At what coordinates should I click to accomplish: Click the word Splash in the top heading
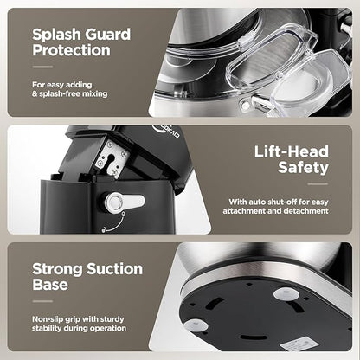click(x=55, y=35)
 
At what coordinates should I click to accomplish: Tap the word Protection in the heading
click(x=71, y=50)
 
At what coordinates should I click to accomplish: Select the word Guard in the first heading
click(x=107, y=35)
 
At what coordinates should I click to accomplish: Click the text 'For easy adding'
click(x=62, y=85)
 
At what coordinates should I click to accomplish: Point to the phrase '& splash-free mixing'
click(x=70, y=93)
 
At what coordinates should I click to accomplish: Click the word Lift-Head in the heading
click(x=292, y=151)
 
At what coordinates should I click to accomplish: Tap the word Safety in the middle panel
click(x=304, y=168)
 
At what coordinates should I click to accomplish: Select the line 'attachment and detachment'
click(x=275, y=211)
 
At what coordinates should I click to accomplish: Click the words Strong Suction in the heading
click(x=87, y=269)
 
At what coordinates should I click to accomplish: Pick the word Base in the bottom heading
click(x=50, y=284)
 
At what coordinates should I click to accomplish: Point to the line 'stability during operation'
click(x=79, y=328)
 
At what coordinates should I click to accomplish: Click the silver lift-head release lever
click(x=125, y=202)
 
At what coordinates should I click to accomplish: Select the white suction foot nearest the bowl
click(x=286, y=293)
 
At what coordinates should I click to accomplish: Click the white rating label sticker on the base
click(x=299, y=344)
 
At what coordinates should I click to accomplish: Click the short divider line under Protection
click(x=42, y=67)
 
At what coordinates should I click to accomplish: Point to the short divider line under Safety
click(x=318, y=184)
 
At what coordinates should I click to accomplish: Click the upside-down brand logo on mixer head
click(x=166, y=132)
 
